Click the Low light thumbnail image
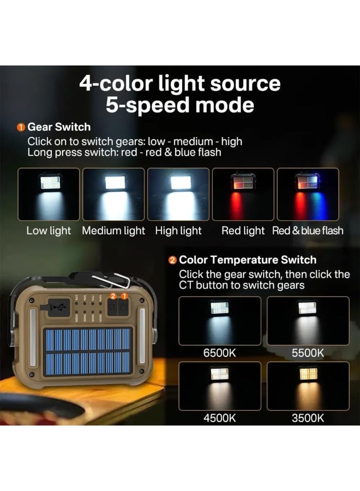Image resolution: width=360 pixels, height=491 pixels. point(49,194)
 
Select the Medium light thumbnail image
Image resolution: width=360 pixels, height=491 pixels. point(113,194)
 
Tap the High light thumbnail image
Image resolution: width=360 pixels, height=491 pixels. point(178,194)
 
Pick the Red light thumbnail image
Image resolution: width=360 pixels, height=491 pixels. point(243,194)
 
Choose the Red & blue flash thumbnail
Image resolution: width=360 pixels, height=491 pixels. point(308,194)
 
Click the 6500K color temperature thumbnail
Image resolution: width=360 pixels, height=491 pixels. point(220,321)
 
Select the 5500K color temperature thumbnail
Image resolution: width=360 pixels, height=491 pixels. point(308,321)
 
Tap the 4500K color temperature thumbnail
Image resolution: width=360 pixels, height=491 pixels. point(220,386)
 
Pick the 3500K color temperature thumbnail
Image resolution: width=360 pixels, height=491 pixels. point(308,386)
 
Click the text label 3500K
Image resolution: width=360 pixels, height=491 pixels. point(308,418)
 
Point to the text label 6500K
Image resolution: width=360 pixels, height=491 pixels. point(220,353)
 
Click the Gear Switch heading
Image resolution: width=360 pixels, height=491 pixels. point(59,127)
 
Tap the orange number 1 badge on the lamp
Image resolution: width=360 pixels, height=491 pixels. point(124,296)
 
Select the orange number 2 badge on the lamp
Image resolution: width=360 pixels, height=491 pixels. point(113,296)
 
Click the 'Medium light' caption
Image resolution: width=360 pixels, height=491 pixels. point(113,231)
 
